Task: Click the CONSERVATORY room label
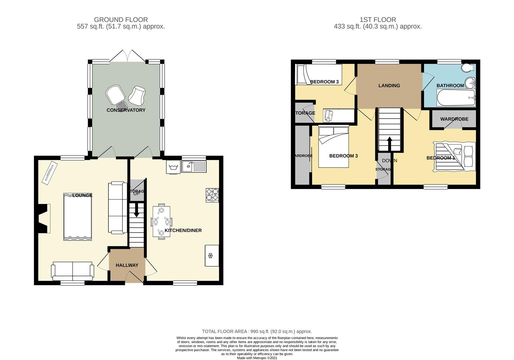click(x=126, y=110)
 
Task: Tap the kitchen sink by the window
click(x=194, y=167)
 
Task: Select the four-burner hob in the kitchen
click(x=213, y=195)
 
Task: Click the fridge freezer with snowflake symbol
click(x=212, y=256)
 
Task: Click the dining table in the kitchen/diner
click(x=161, y=221)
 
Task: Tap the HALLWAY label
click(x=127, y=265)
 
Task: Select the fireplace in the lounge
click(x=43, y=219)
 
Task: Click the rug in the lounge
click(x=77, y=217)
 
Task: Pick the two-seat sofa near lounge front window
click(x=72, y=271)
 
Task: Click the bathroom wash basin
click(x=471, y=82)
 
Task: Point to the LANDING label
click(x=389, y=86)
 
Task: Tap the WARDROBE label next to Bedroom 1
click(x=454, y=119)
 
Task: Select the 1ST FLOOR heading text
click(x=378, y=20)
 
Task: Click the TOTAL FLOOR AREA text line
click(x=257, y=331)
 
